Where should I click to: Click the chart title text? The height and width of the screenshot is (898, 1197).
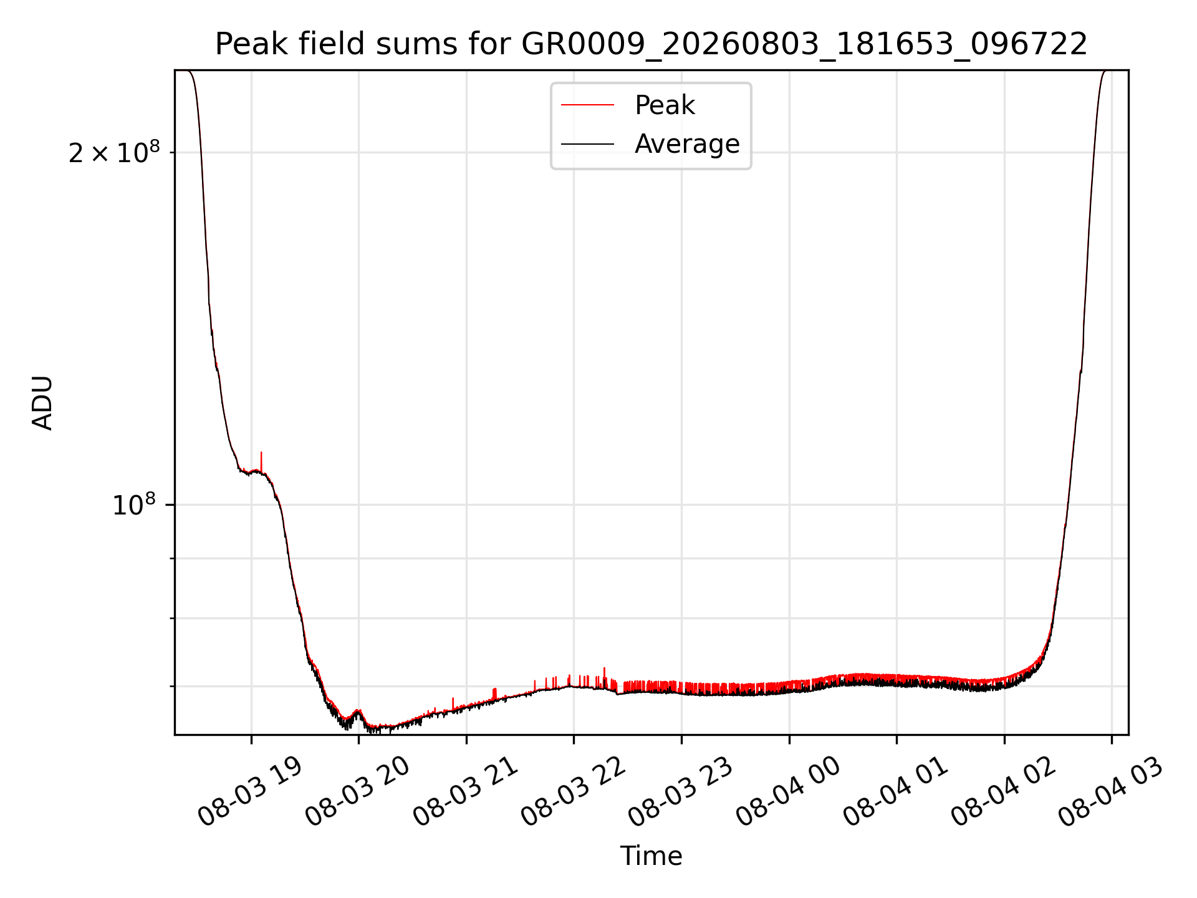click(x=651, y=44)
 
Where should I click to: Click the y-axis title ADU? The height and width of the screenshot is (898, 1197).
click(x=42, y=403)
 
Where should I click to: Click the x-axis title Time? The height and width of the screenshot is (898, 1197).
click(x=651, y=856)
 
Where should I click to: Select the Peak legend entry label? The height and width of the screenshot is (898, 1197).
click(x=665, y=105)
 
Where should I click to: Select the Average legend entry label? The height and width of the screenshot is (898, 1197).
click(x=687, y=144)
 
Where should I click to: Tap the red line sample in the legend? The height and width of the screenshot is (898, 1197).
click(x=587, y=105)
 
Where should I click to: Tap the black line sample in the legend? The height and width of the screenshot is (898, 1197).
click(x=587, y=144)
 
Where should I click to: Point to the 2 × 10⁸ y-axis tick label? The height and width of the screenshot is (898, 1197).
click(x=114, y=152)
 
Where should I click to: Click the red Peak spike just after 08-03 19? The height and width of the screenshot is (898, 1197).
click(x=261, y=461)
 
